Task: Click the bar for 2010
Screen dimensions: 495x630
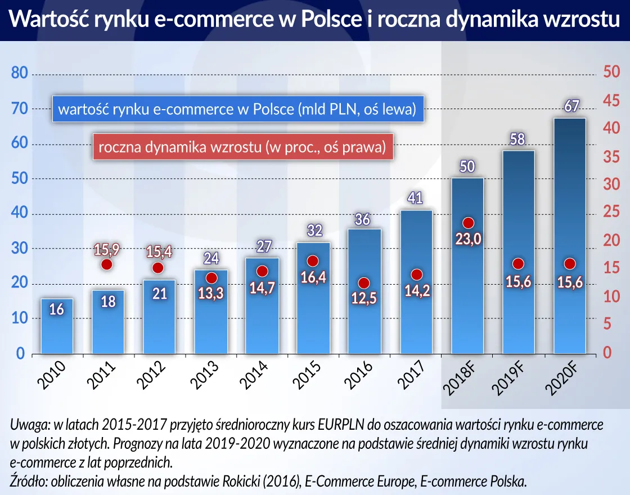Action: pyautogui.click(x=57, y=332)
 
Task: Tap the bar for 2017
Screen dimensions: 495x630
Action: pyautogui.click(x=416, y=315)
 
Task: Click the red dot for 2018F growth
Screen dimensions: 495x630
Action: pyautogui.click(x=468, y=223)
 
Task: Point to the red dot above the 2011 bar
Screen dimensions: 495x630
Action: pyautogui.click(x=107, y=264)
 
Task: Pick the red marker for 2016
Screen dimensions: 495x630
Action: pyautogui.click(x=364, y=283)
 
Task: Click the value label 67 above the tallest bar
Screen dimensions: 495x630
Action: pyautogui.click(x=571, y=106)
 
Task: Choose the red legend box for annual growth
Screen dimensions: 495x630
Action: pyautogui.click(x=242, y=148)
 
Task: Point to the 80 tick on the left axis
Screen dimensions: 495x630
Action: pyautogui.click(x=20, y=74)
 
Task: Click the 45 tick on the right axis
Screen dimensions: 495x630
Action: pyautogui.click(x=610, y=101)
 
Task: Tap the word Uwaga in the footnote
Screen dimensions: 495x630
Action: pyautogui.click(x=28, y=425)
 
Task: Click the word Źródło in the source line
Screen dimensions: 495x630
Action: pyautogui.click(x=30, y=481)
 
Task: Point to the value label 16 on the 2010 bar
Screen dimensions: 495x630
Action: pyautogui.click(x=57, y=309)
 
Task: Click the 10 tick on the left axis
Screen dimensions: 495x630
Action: pyautogui.click(x=20, y=319)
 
